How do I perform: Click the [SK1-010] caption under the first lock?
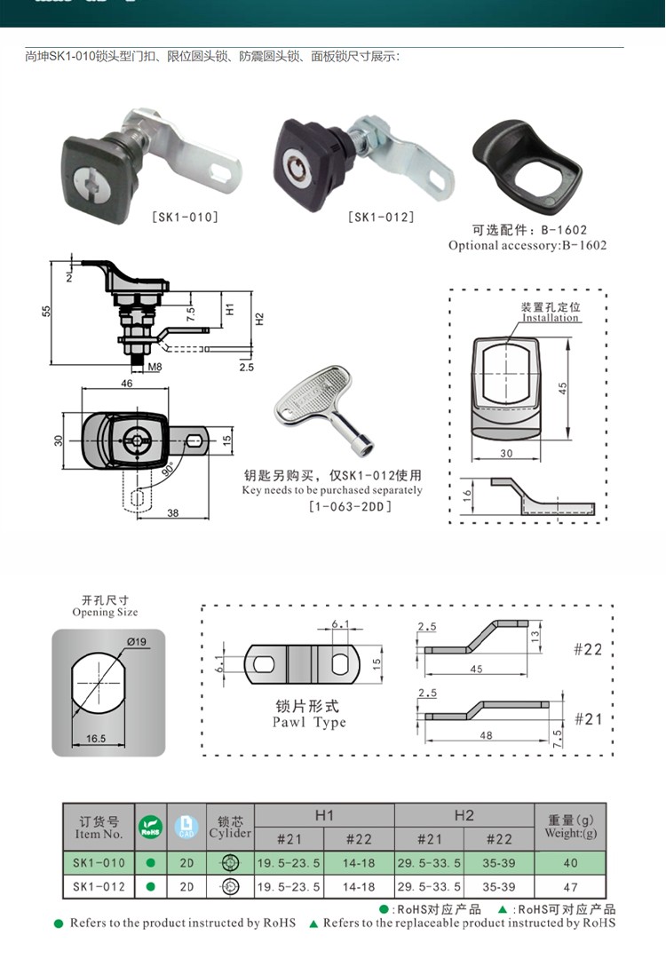pyautogui.click(x=185, y=216)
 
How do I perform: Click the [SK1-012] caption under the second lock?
pyautogui.click(x=381, y=216)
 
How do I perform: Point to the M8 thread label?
pyautogui.click(x=155, y=366)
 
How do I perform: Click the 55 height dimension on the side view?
pyautogui.click(x=47, y=311)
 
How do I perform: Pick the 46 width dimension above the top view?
pyautogui.click(x=126, y=384)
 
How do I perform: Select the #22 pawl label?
pyautogui.click(x=587, y=649)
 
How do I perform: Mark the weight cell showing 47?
pyautogui.click(x=569, y=886)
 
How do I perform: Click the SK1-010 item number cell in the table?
pyautogui.click(x=99, y=862)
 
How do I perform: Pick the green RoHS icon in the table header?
pyautogui.click(x=150, y=828)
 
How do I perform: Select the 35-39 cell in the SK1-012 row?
pyautogui.click(x=499, y=886)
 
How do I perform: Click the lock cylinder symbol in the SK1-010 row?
pyautogui.click(x=230, y=862)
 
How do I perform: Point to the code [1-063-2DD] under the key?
pyautogui.click(x=350, y=506)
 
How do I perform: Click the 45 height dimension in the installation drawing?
pyautogui.click(x=562, y=388)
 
